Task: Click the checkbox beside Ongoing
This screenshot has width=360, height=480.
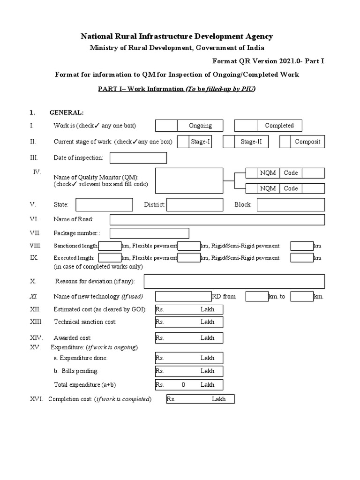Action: tap(166, 126)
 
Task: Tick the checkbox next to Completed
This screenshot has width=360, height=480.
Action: tap(246, 126)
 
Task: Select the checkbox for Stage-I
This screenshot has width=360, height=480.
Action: tap(183, 142)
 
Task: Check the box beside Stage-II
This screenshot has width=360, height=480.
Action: tap(228, 142)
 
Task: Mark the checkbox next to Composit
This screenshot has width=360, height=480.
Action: tap(285, 142)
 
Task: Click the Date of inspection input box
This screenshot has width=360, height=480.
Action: tap(138, 158)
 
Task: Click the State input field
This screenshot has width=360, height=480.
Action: tap(104, 205)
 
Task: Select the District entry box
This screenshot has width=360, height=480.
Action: tap(195, 205)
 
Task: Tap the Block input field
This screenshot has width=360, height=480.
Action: tap(291, 205)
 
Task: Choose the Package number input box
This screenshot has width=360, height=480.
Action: tap(150, 233)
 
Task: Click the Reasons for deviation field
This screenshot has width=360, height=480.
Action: tap(234, 281)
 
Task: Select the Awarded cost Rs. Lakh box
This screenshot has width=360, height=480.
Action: tap(189, 338)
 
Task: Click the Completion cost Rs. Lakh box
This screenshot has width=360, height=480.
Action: tap(200, 399)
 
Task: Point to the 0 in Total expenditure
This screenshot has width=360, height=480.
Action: tap(183, 385)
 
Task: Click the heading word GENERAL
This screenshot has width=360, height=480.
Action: tap(67, 112)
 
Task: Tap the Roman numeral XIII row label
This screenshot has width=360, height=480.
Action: tap(36, 322)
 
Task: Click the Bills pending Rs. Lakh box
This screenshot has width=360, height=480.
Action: tap(189, 371)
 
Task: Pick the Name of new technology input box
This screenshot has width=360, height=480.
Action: tap(183, 297)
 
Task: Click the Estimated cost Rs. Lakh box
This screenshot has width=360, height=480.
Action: tap(189, 309)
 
